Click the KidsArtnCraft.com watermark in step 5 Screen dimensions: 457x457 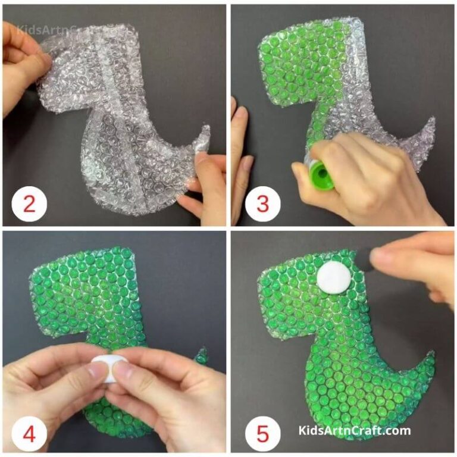355,431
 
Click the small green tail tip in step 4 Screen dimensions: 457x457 202,356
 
